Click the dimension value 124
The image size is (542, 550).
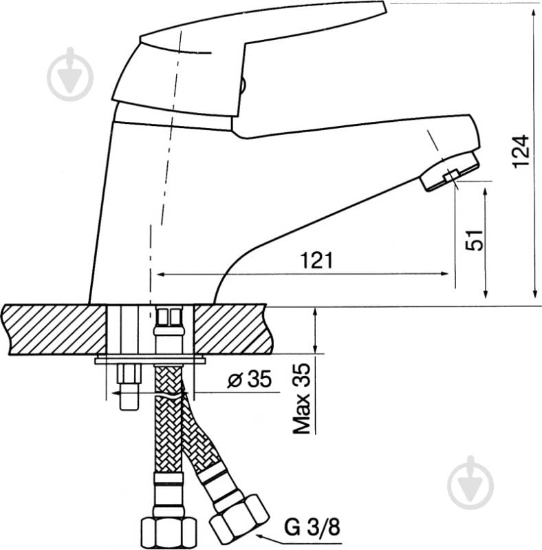(x=521, y=151)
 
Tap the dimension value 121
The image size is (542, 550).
(x=317, y=260)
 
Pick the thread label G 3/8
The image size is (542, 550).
(x=312, y=529)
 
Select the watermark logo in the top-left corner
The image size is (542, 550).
(x=70, y=74)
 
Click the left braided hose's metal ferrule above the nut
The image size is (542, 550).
(x=168, y=493)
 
